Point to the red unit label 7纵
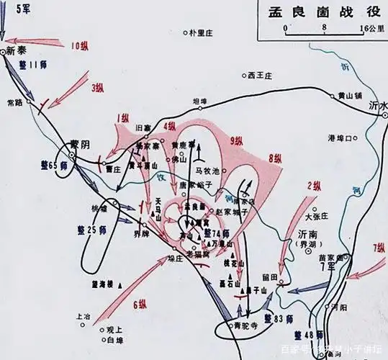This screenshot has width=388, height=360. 379,248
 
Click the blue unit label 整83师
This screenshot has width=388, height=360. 276,318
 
